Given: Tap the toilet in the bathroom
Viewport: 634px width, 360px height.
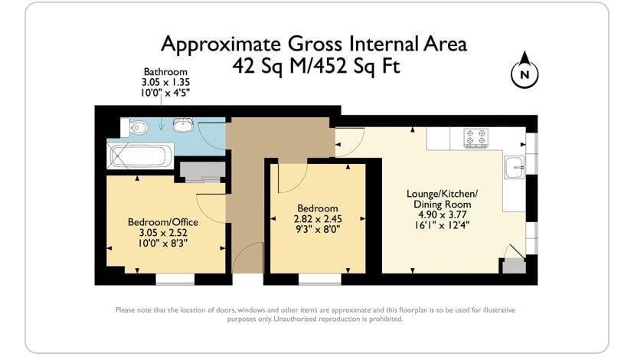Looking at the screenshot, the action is coord(135,127).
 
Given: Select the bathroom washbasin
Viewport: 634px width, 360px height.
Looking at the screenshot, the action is coord(183,125).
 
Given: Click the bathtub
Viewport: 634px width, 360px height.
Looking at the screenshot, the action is coord(140,155).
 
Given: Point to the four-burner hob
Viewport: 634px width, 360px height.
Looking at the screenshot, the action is coord(476,138).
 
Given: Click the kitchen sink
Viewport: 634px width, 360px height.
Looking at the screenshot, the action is coord(515,167).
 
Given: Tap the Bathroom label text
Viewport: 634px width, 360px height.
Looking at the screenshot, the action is coord(165,72).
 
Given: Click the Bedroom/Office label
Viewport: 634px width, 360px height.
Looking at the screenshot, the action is coord(163,222).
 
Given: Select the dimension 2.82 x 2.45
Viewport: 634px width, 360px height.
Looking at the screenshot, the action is coord(318,219).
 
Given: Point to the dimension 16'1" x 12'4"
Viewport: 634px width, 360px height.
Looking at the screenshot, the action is coord(442,225).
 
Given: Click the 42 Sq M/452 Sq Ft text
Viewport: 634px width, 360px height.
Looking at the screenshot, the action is coord(316,66).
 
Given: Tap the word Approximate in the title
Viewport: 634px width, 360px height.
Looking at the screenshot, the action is coord(221,44).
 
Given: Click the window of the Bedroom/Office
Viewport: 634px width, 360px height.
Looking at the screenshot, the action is coord(175,279).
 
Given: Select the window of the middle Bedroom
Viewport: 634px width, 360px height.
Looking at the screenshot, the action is coord(320,279).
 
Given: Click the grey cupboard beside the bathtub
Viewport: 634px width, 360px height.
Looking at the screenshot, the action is coord(202,172).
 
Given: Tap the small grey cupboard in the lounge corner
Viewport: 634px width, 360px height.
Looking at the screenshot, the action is coord(514,267).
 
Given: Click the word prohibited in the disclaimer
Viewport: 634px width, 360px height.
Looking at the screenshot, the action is coord(386,319).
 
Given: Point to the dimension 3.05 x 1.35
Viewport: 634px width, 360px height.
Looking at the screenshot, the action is coord(165,82).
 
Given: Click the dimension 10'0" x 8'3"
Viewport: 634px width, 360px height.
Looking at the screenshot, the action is coord(163,244).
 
